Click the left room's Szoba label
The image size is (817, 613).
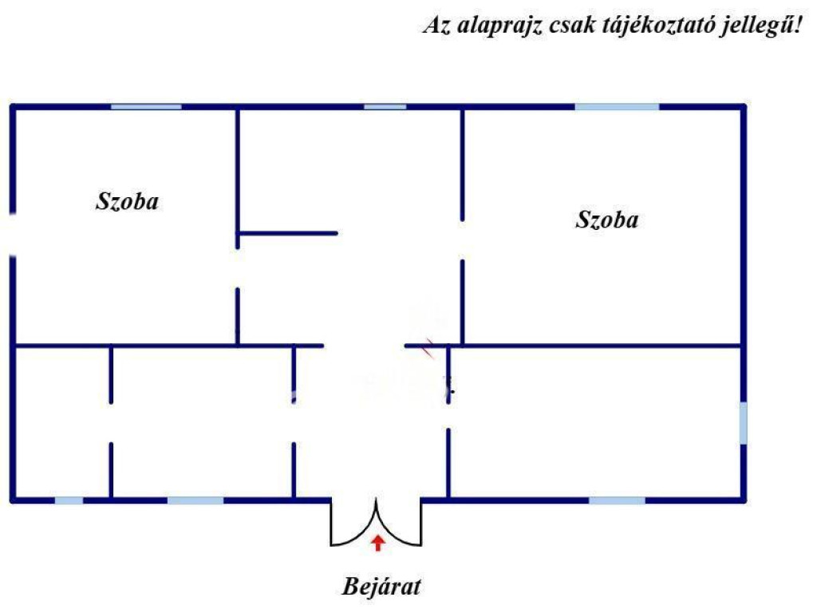[x=127, y=201]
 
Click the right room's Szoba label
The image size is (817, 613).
[x=606, y=219]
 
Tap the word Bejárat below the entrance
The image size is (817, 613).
[x=381, y=587]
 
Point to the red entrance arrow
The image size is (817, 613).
[x=377, y=543]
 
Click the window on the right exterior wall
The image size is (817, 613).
[x=744, y=423]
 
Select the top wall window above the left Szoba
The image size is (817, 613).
[x=146, y=107]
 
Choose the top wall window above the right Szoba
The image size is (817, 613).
[x=617, y=107]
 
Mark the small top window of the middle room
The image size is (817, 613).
[x=385, y=107]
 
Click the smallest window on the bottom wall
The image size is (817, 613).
[x=69, y=500]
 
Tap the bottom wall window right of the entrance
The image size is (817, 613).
[x=617, y=500]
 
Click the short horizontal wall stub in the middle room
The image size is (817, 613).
[x=288, y=233]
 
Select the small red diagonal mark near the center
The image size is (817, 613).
[x=429, y=348]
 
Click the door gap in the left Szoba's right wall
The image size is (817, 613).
[x=238, y=268]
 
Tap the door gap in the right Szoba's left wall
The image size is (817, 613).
[x=462, y=240]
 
